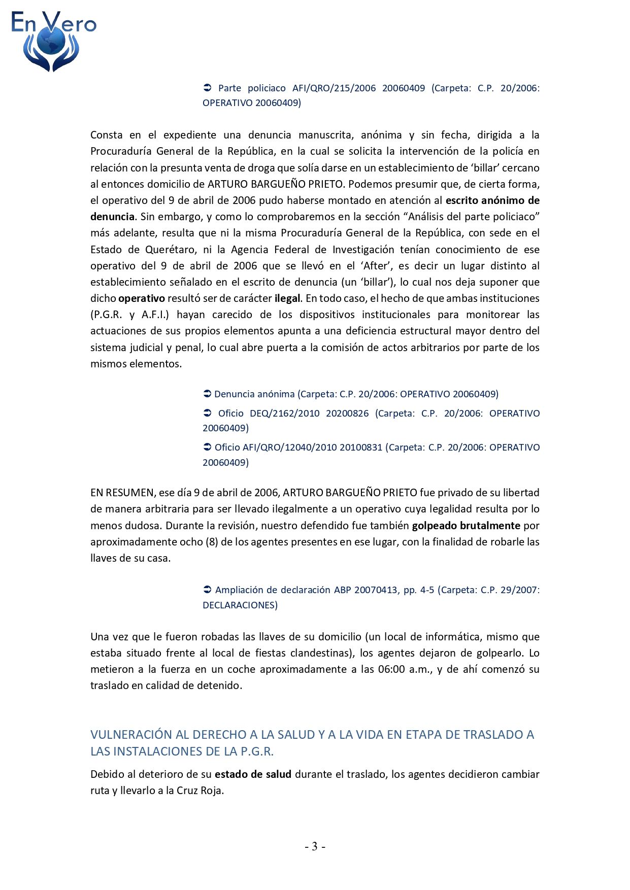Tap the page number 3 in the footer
pyautogui.click(x=315, y=846)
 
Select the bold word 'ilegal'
pyautogui.click(x=288, y=298)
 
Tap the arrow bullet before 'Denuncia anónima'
pyautogui.click(x=207, y=394)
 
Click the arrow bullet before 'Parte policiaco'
pyautogui.click(x=207, y=88)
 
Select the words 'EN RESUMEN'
pyautogui.click(x=122, y=493)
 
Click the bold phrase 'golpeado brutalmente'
pyautogui.click(x=466, y=526)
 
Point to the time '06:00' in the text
pyautogui.click(x=391, y=669)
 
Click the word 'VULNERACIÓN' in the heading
pyautogui.click(x=131, y=735)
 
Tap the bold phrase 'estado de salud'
pyautogui.click(x=253, y=774)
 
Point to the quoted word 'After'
pyautogui.click(x=375, y=266)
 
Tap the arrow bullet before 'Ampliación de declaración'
pyautogui.click(x=207, y=590)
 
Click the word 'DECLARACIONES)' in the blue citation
pyautogui.click(x=240, y=605)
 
